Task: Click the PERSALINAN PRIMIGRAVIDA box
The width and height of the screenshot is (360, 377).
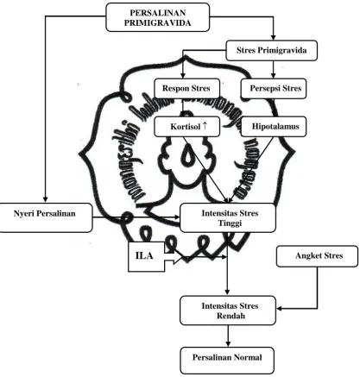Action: click(x=157, y=17)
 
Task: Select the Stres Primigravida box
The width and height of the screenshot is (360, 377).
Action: click(x=271, y=51)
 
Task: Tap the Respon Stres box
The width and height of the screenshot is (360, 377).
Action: click(x=186, y=88)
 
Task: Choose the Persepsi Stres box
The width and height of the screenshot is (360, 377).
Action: click(x=274, y=88)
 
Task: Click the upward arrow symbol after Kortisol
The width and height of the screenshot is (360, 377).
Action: click(x=205, y=125)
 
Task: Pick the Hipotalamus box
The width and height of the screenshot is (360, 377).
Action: click(x=274, y=126)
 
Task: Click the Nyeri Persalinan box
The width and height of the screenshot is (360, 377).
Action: click(x=46, y=217)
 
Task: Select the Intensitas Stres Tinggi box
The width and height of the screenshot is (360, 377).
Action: click(x=228, y=217)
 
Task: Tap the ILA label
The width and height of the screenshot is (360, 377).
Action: click(x=144, y=255)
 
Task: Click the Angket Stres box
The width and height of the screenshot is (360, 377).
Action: click(x=317, y=256)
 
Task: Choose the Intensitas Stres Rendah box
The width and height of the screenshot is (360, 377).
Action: click(x=228, y=311)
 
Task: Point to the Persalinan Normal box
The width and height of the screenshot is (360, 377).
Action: click(x=227, y=361)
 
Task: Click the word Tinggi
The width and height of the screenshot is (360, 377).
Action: click(x=230, y=223)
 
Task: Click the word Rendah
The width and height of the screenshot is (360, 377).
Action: click(x=231, y=316)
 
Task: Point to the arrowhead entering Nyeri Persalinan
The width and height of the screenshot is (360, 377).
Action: click(x=45, y=200)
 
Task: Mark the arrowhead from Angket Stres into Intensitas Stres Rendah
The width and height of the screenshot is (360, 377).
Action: click(x=279, y=309)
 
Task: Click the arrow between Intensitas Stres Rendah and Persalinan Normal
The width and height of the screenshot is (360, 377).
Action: click(x=228, y=336)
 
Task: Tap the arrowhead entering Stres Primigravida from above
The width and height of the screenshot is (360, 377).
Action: click(x=274, y=38)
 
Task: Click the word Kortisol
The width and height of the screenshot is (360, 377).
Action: click(x=186, y=127)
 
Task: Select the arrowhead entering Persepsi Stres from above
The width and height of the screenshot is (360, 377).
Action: click(x=274, y=76)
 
